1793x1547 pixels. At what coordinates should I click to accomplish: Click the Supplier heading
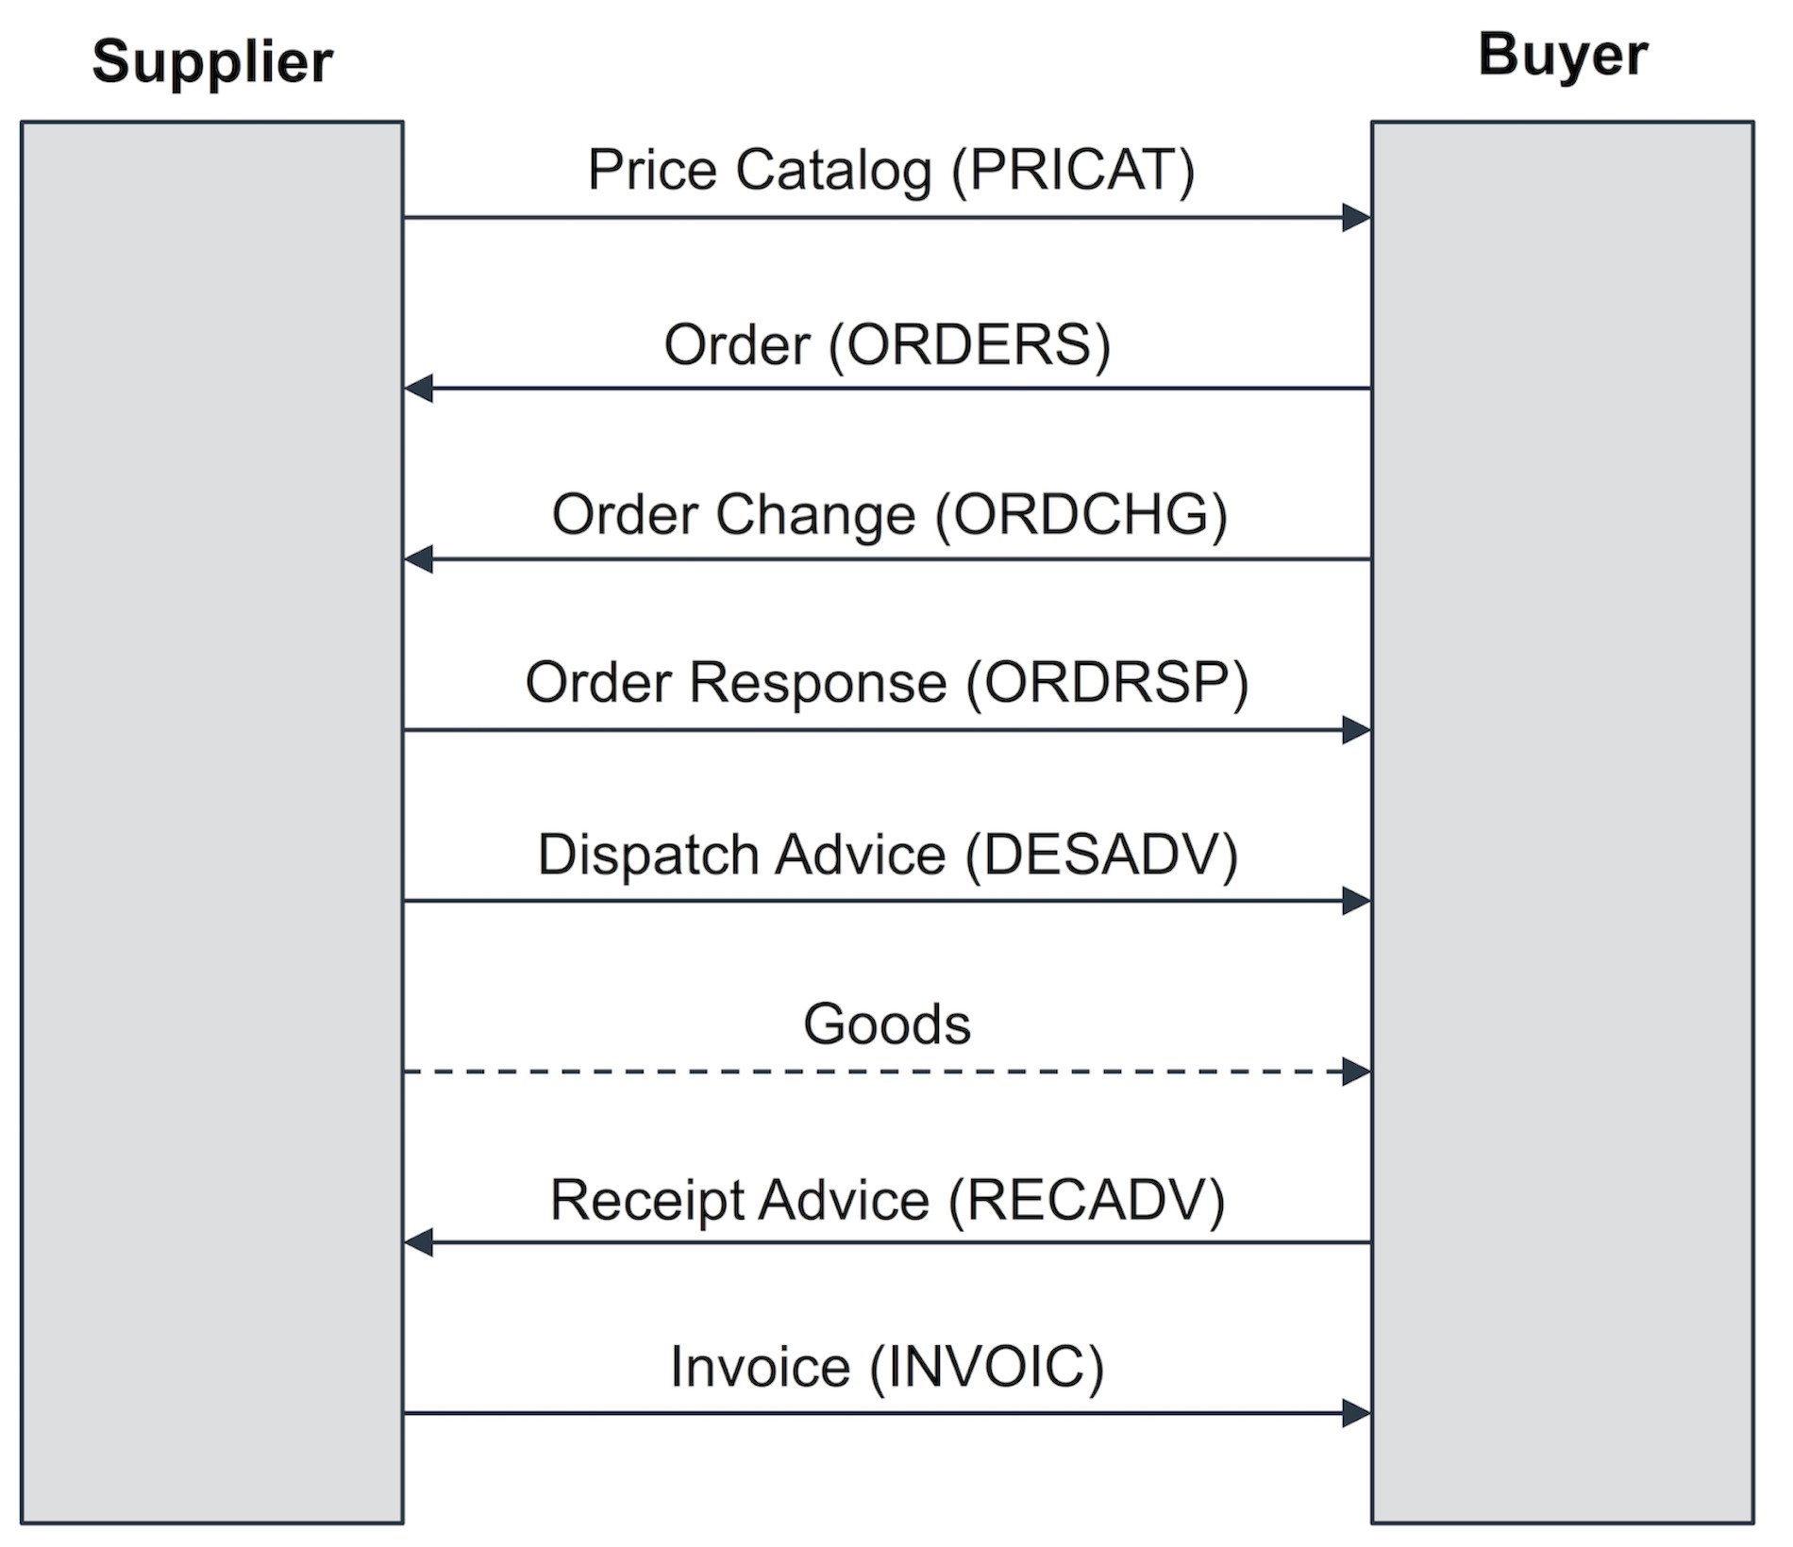point(212,62)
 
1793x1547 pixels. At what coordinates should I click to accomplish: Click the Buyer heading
point(1562,55)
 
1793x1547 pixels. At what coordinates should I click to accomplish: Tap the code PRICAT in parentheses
point(1073,171)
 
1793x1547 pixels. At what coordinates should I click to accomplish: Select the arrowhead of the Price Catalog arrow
point(1356,218)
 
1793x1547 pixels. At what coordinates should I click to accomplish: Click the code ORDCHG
point(1081,515)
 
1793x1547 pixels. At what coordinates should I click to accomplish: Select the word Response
point(817,683)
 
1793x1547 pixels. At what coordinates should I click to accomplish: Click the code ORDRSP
point(1107,683)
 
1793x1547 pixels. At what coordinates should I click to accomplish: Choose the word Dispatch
point(647,855)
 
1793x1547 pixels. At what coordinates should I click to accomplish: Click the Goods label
point(886,1024)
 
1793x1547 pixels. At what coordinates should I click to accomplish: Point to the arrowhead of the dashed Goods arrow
point(1356,1072)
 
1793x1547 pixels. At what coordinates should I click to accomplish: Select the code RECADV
point(1086,1201)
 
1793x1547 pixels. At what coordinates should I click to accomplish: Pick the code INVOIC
point(985,1368)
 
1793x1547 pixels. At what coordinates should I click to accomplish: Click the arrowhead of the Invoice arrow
point(1356,1413)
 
